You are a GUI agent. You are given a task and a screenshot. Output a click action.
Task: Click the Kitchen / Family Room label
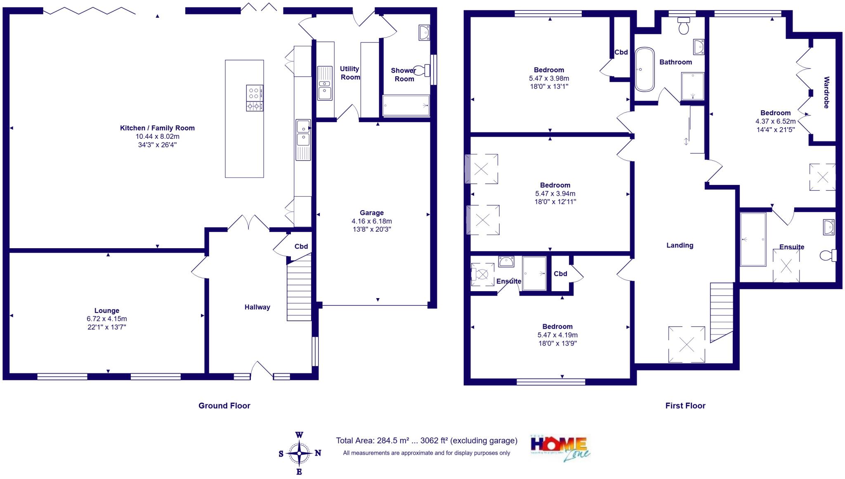click(157, 128)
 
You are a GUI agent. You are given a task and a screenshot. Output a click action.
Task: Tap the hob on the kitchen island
click(254, 98)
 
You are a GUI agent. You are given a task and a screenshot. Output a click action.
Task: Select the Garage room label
click(371, 213)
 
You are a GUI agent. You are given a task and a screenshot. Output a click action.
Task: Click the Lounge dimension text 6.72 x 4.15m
click(106, 319)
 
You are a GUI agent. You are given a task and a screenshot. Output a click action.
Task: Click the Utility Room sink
click(325, 83)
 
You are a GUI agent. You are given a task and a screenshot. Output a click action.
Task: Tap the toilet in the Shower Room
click(421, 71)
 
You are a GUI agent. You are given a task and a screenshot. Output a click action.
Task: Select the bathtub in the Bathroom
click(644, 69)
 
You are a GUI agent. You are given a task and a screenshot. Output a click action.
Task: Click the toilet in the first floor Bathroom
click(684, 26)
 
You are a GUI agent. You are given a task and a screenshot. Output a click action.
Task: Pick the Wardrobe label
click(826, 92)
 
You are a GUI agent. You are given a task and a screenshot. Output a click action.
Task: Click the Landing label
click(680, 245)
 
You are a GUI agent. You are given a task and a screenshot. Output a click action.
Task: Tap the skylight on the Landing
click(687, 344)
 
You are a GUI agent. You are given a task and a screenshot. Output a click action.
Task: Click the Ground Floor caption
click(224, 405)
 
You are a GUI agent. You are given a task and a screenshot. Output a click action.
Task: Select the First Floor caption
click(685, 405)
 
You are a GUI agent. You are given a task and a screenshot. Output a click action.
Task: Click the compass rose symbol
click(300, 453)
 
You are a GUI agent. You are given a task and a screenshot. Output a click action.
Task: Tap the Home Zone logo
click(560, 448)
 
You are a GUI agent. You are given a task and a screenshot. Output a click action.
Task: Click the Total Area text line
click(426, 441)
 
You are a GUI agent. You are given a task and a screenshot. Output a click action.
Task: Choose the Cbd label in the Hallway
click(301, 247)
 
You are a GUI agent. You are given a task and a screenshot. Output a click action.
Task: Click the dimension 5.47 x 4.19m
click(557, 335)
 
